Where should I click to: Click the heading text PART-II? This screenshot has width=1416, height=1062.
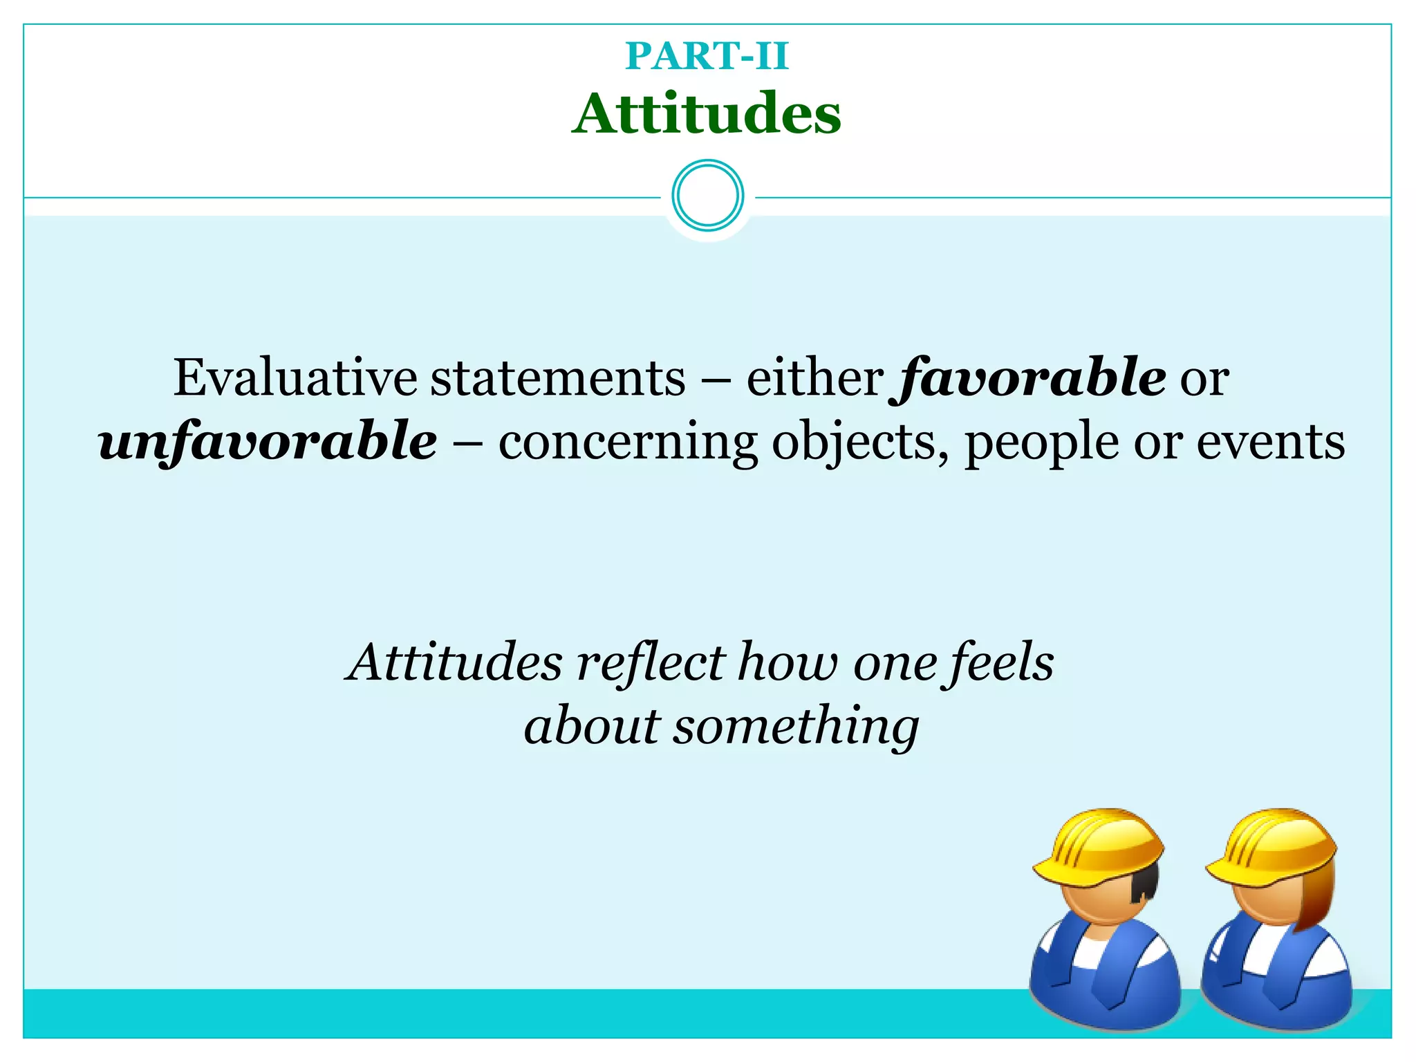(x=707, y=56)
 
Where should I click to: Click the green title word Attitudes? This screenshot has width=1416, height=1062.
(x=707, y=114)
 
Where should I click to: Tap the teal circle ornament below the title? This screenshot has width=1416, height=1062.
(x=707, y=196)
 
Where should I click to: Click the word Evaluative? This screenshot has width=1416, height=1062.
(x=295, y=378)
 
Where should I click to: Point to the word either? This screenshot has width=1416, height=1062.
(x=814, y=378)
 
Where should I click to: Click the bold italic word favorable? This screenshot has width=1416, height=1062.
(x=1030, y=378)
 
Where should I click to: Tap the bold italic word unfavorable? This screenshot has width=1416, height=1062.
(x=268, y=442)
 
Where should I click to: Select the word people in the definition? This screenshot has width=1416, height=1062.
(x=1041, y=443)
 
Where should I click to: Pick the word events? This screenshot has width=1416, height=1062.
(x=1270, y=442)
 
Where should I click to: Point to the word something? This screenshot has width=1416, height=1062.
(x=796, y=727)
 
